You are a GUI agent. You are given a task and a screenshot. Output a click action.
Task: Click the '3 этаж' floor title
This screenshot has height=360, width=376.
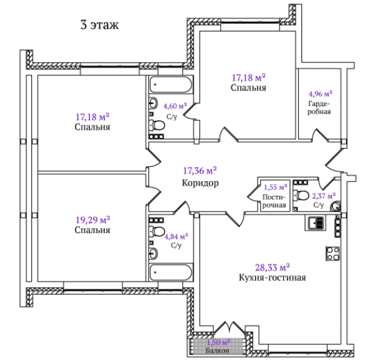coord(100,25)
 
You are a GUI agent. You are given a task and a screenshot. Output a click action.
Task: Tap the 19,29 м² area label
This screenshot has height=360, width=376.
coord(93,220)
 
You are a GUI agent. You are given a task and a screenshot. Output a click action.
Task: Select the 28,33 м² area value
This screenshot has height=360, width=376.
coord(273,267)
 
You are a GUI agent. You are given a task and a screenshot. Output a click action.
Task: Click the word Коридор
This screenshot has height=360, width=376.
coord(201,183)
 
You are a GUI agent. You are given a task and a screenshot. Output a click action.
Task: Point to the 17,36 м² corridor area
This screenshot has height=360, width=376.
coord(200,171)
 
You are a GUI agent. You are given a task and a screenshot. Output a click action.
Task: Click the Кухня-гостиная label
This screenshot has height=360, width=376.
coord(273,278)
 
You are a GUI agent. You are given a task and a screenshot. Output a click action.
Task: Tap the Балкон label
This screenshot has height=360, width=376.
coord(217,351)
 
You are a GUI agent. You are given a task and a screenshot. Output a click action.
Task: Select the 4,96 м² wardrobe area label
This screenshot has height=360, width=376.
coord(320,93)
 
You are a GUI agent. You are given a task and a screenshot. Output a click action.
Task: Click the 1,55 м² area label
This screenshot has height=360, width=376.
coord(276,187)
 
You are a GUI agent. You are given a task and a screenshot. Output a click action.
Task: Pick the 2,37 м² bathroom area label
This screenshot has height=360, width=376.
coord(324,196)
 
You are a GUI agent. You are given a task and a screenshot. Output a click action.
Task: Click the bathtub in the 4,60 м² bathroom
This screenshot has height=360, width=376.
coord(171,85)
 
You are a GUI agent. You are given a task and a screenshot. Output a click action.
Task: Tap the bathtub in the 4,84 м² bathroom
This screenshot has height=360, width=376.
coord(171,272)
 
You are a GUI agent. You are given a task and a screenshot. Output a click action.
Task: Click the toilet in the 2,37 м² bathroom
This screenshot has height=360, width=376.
coord(301,195)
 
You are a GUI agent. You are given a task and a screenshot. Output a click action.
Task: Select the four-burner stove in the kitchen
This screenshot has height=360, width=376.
coord(333,253)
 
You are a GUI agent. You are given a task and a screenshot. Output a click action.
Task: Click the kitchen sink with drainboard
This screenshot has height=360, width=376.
coord(316,223)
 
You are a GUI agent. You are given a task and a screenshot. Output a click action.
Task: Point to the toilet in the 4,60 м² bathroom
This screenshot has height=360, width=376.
coord(157,125)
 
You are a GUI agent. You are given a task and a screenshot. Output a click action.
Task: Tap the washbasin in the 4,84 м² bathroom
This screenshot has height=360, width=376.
coord(154,253)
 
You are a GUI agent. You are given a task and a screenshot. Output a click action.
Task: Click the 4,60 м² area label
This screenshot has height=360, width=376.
coord(175,106)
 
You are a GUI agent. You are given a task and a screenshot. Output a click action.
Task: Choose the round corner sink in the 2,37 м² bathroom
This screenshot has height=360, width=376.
coord(335,206)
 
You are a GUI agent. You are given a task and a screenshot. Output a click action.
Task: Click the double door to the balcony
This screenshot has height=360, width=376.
coord(229,327)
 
